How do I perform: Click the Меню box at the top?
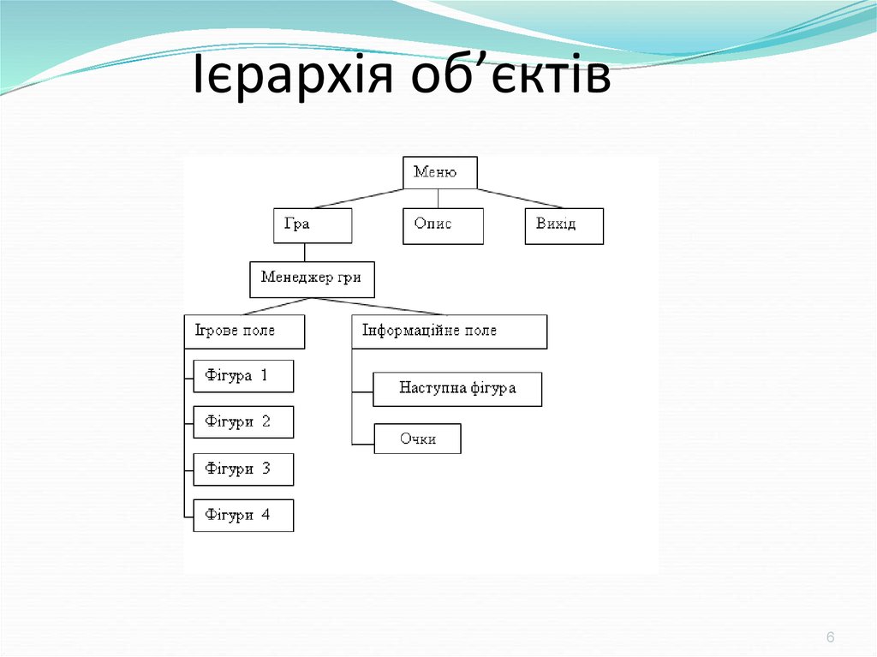(x=439, y=173)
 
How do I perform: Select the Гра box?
(x=313, y=226)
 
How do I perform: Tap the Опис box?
(x=443, y=226)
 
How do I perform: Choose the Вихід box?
(x=564, y=226)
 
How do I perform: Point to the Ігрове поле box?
(x=244, y=331)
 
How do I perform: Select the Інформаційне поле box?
(x=449, y=331)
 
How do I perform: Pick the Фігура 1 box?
(x=243, y=376)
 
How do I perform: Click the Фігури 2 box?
(x=243, y=422)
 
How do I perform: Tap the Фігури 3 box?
(x=243, y=469)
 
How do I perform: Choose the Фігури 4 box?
(x=243, y=516)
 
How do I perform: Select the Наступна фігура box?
(x=457, y=389)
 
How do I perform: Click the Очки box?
(x=417, y=439)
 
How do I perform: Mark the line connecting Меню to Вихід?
(x=520, y=199)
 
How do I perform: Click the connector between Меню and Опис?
(x=438, y=199)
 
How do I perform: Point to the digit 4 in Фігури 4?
(x=265, y=516)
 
